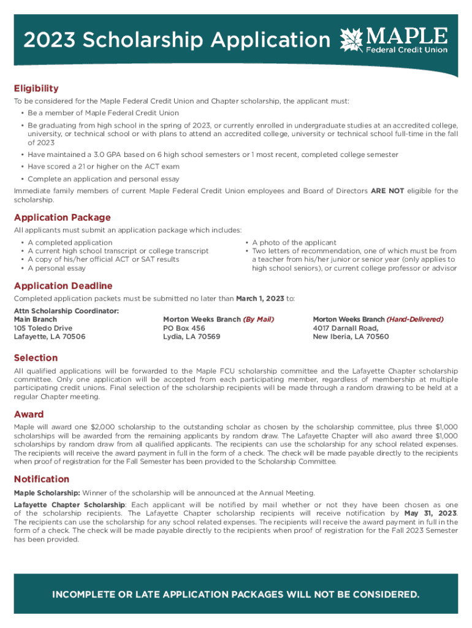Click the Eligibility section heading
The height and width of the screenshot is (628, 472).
pos(36,88)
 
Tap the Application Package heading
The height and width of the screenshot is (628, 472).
pos(62,217)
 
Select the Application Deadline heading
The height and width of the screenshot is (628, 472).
pos(63,286)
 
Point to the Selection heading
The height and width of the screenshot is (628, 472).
pos(36,358)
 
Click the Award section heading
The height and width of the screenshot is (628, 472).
pos(29,415)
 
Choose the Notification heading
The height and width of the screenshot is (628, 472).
pos(42,479)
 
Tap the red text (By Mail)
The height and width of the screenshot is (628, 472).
pos(258,320)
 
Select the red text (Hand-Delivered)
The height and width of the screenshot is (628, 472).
pos(414,320)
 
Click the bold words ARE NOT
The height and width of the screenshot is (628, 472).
pos(387,191)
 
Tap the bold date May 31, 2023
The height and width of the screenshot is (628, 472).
pos(430,513)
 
